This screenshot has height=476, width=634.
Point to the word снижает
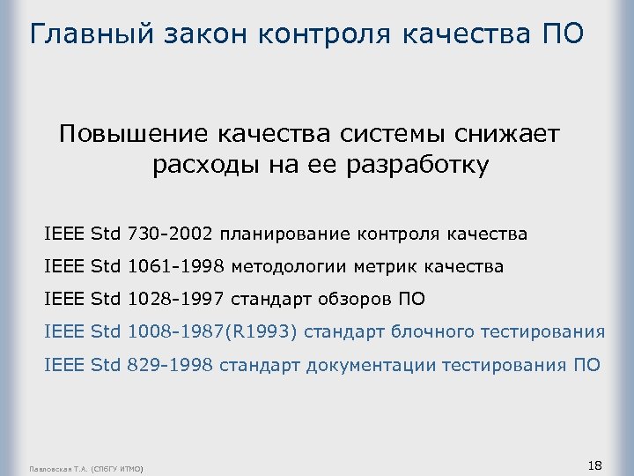[x=505, y=134]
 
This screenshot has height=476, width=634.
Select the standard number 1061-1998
[x=176, y=266]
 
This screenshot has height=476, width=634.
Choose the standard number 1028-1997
[x=176, y=299]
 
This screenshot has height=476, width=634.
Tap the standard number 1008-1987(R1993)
[x=215, y=332]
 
